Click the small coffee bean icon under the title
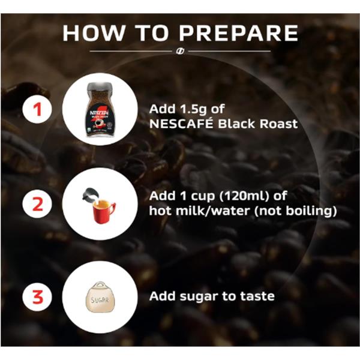tap(180, 51)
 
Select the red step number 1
tap(37, 109)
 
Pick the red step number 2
tap(38, 204)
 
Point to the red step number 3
tap(38, 297)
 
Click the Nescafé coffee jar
tap(100, 110)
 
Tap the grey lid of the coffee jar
tap(100, 86)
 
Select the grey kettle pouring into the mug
tap(91, 196)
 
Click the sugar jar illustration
tap(100, 297)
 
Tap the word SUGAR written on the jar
tap(100, 300)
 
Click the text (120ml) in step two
tap(244, 196)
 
